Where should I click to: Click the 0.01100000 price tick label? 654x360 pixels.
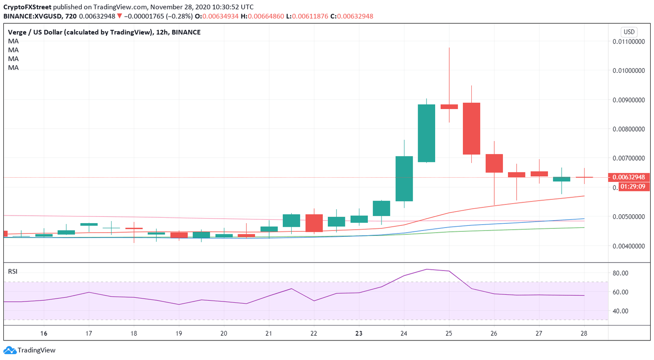[x=628, y=42]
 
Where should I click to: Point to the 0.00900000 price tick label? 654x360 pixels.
[x=628, y=100]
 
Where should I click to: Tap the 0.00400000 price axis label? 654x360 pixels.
[x=628, y=246]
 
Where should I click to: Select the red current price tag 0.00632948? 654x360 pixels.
[x=628, y=177]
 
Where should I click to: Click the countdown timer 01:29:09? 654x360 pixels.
[x=632, y=187]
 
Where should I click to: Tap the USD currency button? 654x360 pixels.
[x=629, y=32]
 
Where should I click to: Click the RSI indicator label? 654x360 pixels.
[x=13, y=271]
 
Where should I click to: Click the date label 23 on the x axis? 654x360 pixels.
[x=359, y=333]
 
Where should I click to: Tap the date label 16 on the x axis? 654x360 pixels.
[x=43, y=333]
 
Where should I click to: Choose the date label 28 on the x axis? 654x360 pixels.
[x=584, y=333]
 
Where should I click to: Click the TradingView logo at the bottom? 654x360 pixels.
[x=30, y=350]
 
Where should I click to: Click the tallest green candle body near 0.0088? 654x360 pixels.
[x=426, y=133]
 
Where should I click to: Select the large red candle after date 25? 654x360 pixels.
[x=471, y=128]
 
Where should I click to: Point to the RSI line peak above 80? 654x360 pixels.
[x=427, y=269]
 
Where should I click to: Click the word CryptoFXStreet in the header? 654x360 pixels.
[x=27, y=7]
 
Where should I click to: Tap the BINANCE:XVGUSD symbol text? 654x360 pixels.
[x=32, y=16]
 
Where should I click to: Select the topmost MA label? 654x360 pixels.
[x=13, y=41]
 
